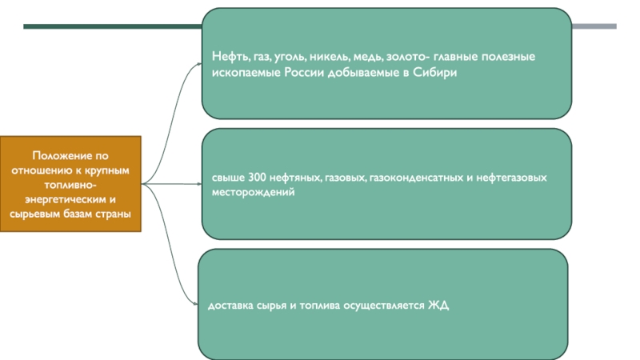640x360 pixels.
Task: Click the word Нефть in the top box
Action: (x=228, y=58)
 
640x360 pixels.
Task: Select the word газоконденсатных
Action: (x=412, y=178)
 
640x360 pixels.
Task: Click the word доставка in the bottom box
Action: (x=230, y=306)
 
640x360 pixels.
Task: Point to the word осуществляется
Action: (x=388, y=306)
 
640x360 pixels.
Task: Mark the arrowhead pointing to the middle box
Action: (x=198, y=183)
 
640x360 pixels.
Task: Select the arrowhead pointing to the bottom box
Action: (x=195, y=303)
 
